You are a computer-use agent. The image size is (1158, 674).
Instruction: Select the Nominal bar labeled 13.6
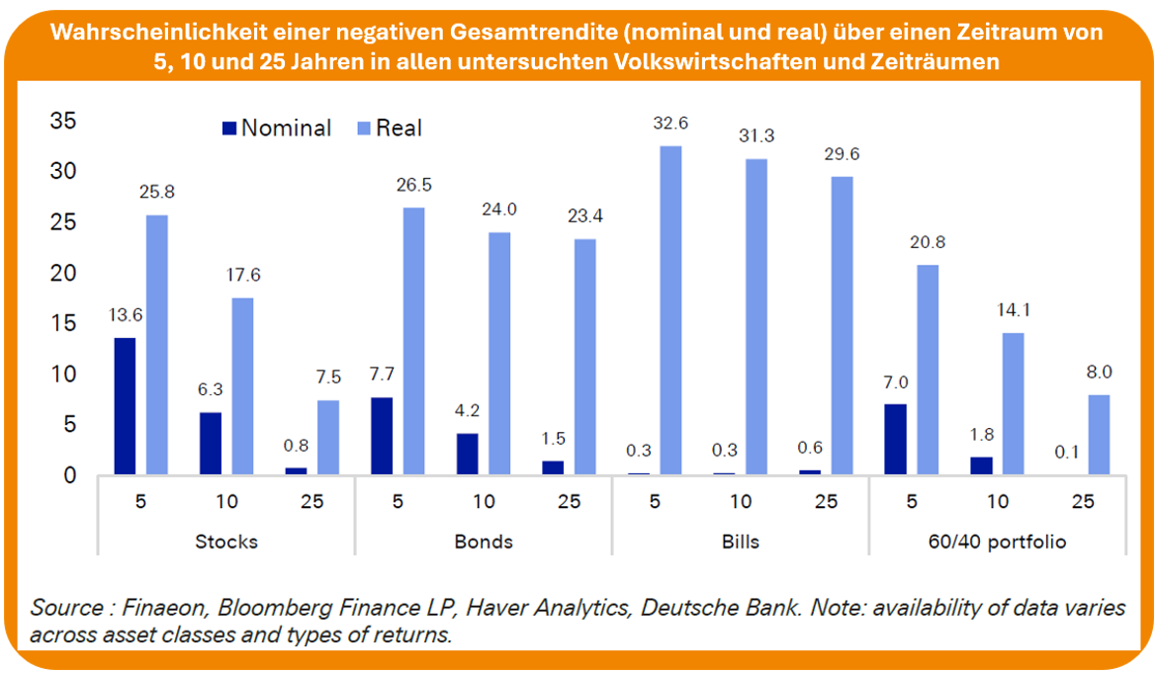(125, 406)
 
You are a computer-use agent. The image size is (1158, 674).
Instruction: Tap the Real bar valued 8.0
(1099, 435)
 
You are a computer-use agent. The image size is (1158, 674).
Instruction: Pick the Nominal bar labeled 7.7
(382, 436)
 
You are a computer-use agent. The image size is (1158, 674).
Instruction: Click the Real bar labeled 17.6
(243, 386)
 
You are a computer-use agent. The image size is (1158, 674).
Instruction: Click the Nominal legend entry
(276, 127)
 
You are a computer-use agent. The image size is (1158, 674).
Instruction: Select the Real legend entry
(387, 127)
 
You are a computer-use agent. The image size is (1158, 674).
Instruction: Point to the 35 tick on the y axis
(64, 121)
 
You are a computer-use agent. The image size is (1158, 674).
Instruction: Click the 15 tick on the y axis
(64, 323)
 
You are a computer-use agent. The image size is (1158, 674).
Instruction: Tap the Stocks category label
(225, 542)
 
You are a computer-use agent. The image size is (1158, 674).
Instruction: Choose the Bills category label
(740, 542)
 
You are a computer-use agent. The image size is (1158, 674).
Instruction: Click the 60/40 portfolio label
(999, 542)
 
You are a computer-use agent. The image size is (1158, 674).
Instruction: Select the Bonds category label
(483, 542)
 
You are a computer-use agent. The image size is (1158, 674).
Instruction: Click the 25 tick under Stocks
(312, 501)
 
